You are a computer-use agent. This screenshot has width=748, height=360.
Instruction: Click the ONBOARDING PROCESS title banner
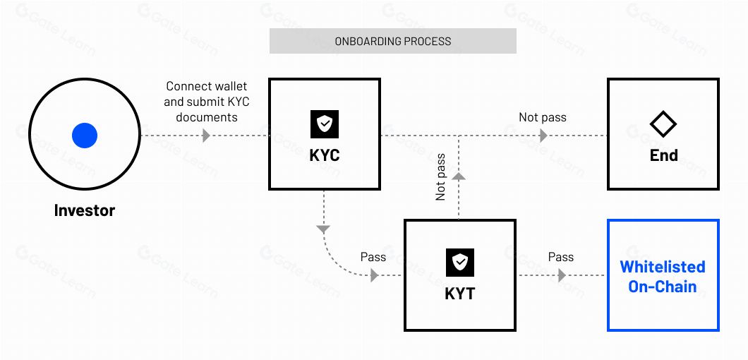[x=393, y=41]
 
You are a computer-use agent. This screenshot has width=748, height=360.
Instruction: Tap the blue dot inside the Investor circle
[x=85, y=135]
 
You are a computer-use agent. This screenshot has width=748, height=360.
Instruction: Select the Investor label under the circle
[x=85, y=210]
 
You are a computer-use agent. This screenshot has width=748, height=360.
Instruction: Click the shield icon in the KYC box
[x=325, y=124]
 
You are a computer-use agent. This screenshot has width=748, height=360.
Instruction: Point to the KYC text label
[x=325, y=155]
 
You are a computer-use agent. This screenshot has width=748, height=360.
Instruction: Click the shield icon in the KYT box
[x=459, y=263]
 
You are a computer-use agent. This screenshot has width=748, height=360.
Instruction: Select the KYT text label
[x=459, y=294]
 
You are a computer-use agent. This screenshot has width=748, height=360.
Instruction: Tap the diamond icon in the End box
[x=663, y=124]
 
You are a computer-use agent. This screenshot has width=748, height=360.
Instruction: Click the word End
[x=663, y=155]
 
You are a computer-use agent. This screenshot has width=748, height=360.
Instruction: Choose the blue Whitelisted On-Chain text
[x=663, y=277]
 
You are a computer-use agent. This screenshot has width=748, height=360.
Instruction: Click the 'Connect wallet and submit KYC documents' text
[x=207, y=102]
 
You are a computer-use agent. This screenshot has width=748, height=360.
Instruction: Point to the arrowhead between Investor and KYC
[x=206, y=135]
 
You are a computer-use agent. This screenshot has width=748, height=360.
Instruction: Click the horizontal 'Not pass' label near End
[x=543, y=117]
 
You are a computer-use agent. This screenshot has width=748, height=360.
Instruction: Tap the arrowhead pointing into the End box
[x=543, y=135]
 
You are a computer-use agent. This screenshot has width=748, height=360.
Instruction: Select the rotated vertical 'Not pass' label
[x=441, y=177]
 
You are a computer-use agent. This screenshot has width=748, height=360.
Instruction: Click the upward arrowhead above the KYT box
[x=459, y=176]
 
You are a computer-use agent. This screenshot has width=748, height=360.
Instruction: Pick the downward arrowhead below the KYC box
[x=323, y=229]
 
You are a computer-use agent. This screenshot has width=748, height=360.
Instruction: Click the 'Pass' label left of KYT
[x=373, y=257]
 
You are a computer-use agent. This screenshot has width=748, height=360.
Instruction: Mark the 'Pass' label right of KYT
[x=561, y=257]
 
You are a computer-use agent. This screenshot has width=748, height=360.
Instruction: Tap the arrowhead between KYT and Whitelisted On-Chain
[x=562, y=275]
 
